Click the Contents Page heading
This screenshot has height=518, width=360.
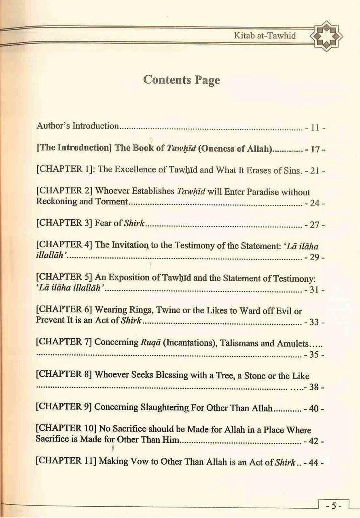[182, 80]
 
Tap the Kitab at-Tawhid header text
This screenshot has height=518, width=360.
[265, 36]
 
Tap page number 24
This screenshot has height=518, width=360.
[314, 203]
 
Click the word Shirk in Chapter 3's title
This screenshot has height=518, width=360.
[136, 223]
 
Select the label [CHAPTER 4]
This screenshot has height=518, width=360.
[64, 245]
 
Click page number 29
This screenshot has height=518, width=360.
[314, 257]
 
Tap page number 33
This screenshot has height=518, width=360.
[314, 323]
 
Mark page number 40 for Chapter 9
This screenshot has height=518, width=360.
[314, 409]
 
